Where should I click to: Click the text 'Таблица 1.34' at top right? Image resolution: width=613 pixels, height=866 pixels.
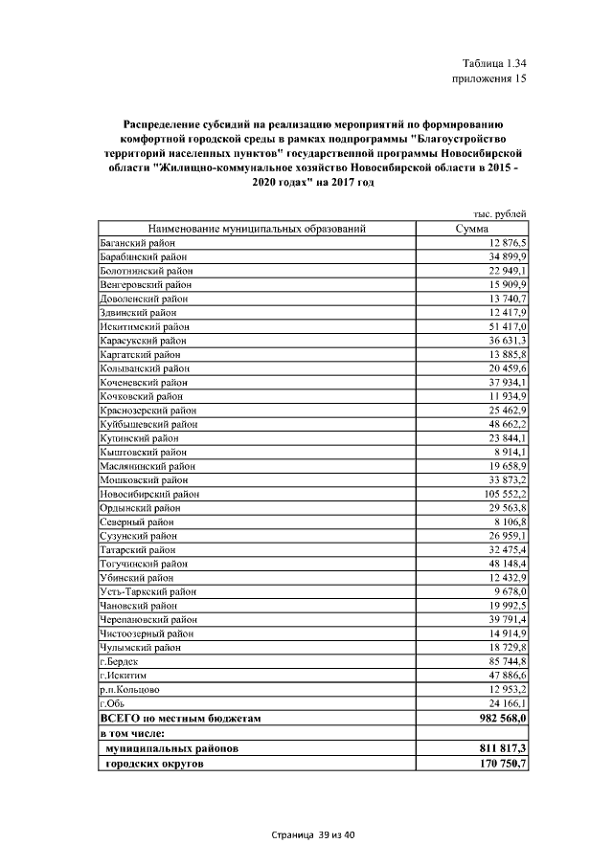(x=494, y=63)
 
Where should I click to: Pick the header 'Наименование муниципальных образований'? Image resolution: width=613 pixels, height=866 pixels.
(x=257, y=230)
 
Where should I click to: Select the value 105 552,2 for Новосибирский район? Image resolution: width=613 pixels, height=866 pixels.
(x=501, y=494)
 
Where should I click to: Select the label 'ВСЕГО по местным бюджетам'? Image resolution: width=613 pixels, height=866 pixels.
(x=181, y=717)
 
